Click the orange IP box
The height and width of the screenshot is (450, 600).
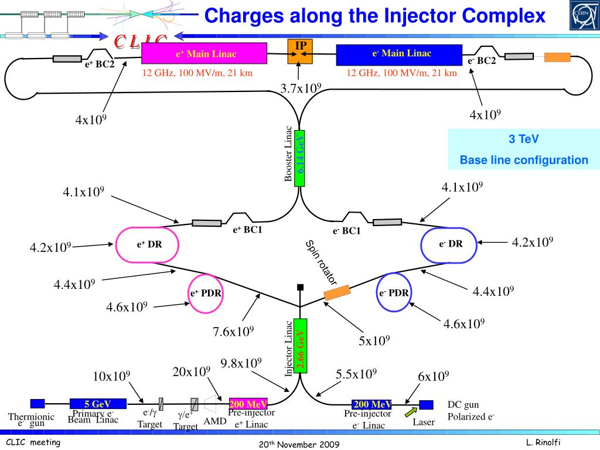301,52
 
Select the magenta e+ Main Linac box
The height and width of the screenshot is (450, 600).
203,54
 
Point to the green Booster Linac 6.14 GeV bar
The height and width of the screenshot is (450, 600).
300,158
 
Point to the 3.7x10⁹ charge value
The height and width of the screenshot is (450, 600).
301,88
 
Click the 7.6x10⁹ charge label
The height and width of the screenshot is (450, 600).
233,332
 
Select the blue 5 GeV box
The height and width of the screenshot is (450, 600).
98,403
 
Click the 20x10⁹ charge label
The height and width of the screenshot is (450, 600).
191,371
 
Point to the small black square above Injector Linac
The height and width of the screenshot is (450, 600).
300,287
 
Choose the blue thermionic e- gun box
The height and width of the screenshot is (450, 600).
37,403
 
